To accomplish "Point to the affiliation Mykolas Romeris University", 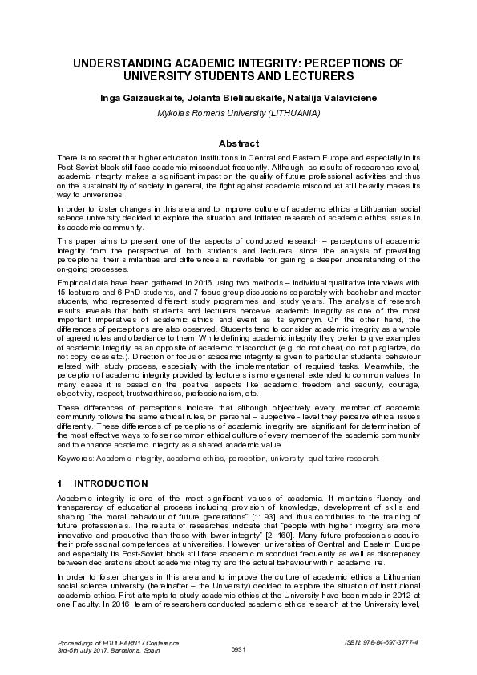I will click(x=211, y=114).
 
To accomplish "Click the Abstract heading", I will click(x=238, y=143).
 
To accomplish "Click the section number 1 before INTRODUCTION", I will click(x=60, y=483).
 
